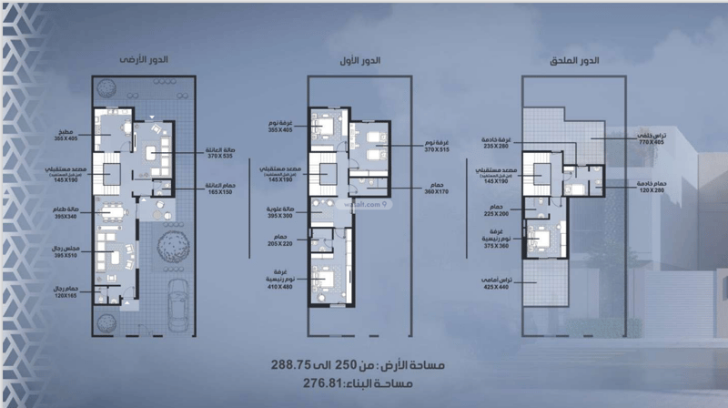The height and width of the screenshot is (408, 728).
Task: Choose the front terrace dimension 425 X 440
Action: point(496,287)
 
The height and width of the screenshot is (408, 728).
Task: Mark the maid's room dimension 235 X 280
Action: point(497,146)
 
